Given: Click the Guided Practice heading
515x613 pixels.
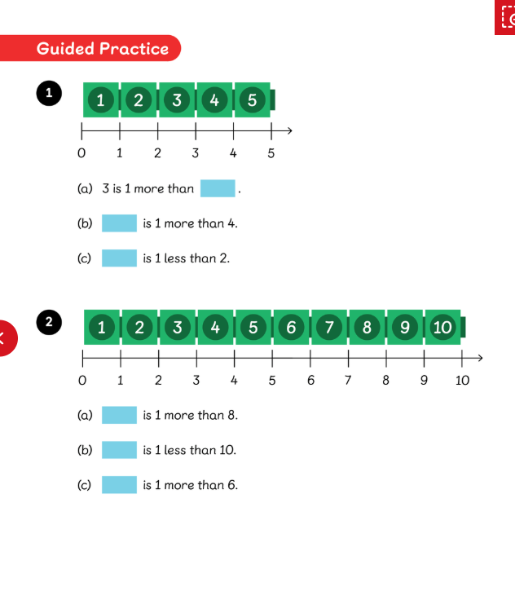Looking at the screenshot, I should (102, 49).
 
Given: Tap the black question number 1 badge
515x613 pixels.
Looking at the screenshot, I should (49, 93).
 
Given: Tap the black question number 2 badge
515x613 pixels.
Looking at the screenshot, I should (49, 322).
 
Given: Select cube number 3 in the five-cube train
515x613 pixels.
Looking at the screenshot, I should (176, 100).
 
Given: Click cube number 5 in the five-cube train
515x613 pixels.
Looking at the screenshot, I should (252, 100).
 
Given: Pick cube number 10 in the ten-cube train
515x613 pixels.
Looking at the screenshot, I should (442, 328).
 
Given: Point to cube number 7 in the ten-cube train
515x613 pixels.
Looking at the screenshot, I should (329, 328).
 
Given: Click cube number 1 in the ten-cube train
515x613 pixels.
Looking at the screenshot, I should (101, 328).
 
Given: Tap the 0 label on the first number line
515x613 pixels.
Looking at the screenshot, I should (81, 152).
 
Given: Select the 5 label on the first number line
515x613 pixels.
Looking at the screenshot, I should (271, 152).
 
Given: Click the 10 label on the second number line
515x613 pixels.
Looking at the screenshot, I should (462, 380).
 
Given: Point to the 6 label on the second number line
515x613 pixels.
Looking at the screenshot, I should (310, 380).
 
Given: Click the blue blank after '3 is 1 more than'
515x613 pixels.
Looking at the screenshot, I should (218, 188).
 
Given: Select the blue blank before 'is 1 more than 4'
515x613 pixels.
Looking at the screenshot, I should (119, 223).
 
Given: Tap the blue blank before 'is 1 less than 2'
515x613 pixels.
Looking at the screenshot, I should (119, 258).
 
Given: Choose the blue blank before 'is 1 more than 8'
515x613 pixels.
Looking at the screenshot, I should (119, 415).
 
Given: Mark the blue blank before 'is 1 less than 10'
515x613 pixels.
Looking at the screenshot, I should (119, 450).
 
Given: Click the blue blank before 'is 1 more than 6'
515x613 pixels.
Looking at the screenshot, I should (119, 485).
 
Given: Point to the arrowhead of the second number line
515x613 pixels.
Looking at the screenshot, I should (480, 357).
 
